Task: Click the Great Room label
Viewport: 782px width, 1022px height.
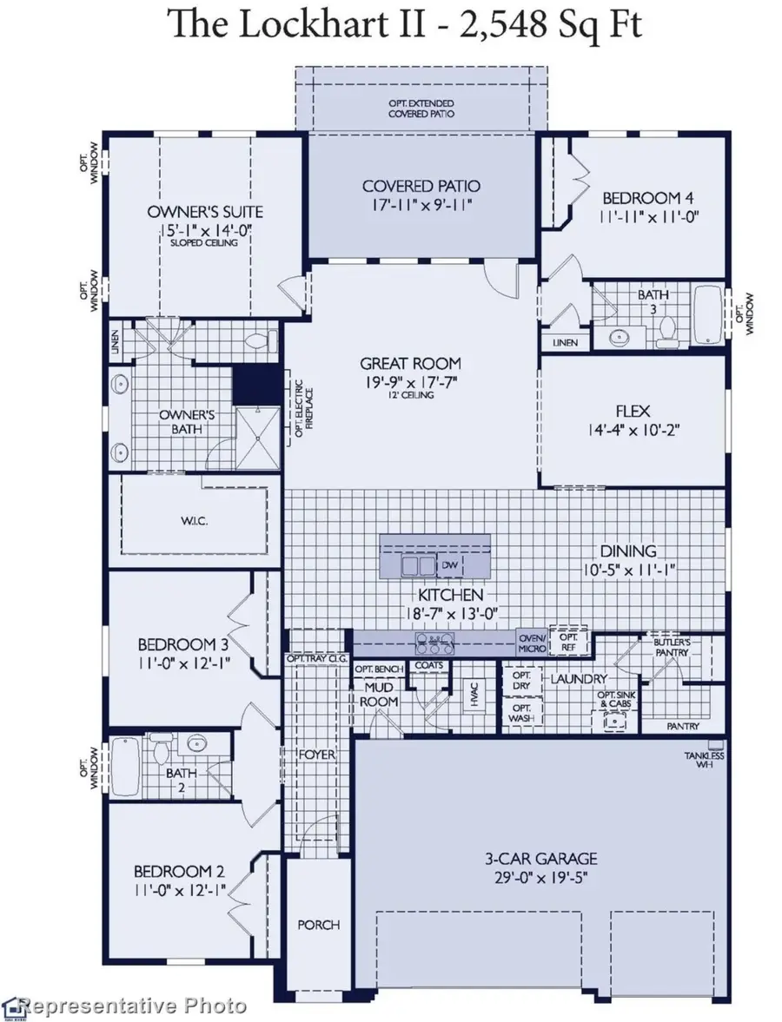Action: [x=410, y=363]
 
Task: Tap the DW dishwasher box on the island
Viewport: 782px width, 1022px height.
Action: [x=449, y=565]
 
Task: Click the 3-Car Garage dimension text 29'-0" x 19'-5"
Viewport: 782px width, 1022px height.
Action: [x=540, y=877]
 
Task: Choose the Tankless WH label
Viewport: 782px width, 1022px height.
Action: [x=704, y=759]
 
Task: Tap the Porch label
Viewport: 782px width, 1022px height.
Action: [x=319, y=924]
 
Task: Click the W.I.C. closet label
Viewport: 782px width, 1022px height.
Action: [x=195, y=521]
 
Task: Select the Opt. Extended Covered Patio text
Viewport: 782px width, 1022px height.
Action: [x=421, y=109]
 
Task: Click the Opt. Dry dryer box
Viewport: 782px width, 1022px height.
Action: [x=521, y=681]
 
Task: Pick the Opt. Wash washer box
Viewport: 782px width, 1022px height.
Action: [x=521, y=712]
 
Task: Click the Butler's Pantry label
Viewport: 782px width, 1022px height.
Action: [x=671, y=647]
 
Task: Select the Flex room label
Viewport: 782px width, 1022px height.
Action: [x=633, y=411]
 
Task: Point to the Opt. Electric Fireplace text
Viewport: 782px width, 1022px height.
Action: [x=303, y=408]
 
